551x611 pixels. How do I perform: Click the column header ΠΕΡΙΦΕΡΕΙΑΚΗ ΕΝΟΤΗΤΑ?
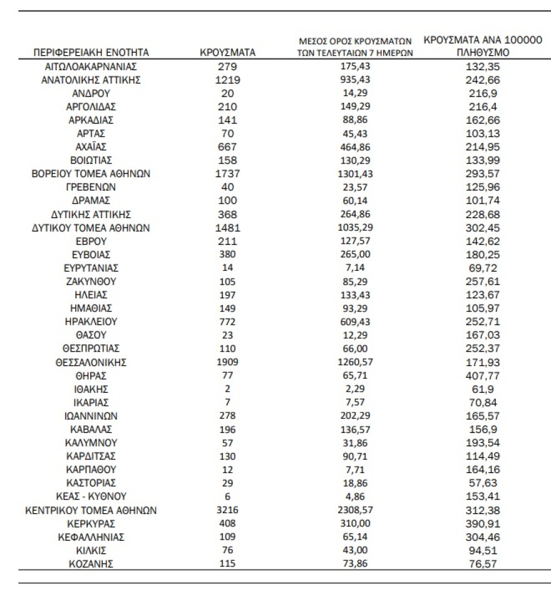pyautogui.click(x=91, y=53)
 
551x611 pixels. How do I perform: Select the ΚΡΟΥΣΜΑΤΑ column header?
pyautogui.click(x=227, y=53)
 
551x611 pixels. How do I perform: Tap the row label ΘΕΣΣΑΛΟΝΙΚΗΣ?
pyautogui.click(x=91, y=362)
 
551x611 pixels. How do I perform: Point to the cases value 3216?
pyautogui.click(x=227, y=510)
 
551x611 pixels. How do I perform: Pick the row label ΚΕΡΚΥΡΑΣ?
pyautogui.click(x=91, y=523)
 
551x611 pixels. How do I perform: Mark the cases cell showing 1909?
pyautogui.click(x=227, y=362)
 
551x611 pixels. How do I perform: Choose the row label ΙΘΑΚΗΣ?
pyautogui.click(x=91, y=389)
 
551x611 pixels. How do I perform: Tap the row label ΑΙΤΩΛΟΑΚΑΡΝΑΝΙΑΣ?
pyautogui.click(x=91, y=66)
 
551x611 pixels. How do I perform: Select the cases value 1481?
pyautogui.click(x=227, y=227)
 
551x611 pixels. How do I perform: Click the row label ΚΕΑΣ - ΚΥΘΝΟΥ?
pyautogui.click(x=91, y=496)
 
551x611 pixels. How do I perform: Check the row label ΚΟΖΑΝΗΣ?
pyautogui.click(x=91, y=563)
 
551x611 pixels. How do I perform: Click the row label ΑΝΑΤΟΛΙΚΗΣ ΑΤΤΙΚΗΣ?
pyautogui.click(x=91, y=80)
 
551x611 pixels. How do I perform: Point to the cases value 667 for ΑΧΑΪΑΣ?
pyautogui.click(x=227, y=147)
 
